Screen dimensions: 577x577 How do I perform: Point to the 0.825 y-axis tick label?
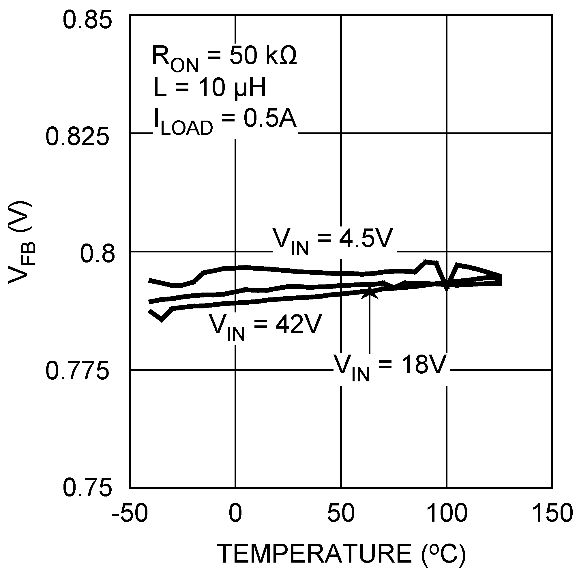77,137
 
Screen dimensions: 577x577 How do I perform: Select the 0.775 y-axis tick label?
77,372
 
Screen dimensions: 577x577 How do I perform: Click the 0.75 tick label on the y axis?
87,489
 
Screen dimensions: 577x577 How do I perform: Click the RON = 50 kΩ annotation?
224,58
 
